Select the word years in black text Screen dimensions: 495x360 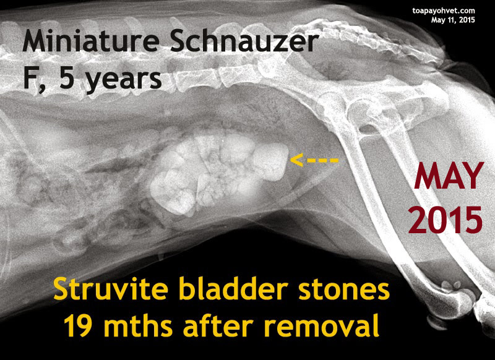pos(124,80)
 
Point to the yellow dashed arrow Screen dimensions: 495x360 pos(314,160)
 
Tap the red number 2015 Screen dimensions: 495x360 pos(445,220)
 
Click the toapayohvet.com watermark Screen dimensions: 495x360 pos(444,11)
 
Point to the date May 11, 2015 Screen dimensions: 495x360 pos(453,20)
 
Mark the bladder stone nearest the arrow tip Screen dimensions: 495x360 pos(271,162)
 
